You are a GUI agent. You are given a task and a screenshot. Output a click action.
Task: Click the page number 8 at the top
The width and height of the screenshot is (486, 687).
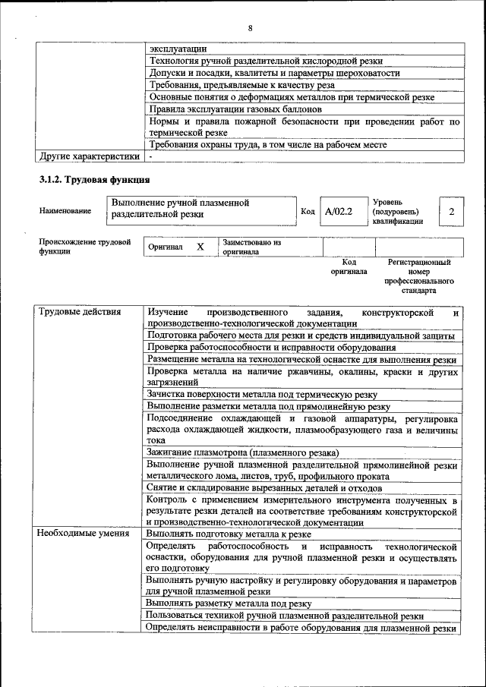click(x=249, y=28)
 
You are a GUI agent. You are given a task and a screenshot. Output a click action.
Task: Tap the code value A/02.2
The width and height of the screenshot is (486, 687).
click(x=339, y=211)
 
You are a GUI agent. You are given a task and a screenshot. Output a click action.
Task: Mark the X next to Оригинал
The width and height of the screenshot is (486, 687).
click(x=200, y=247)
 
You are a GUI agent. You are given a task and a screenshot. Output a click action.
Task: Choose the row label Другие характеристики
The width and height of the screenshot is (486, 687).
click(x=89, y=156)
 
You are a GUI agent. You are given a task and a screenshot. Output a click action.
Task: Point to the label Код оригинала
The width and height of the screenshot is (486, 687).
click(x=349, y=266)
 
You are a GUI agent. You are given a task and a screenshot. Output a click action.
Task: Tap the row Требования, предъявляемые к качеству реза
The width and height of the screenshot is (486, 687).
click(x=241, y=85)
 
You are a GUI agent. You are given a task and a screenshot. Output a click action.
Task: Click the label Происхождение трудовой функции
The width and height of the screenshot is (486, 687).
click(x=84, y=247)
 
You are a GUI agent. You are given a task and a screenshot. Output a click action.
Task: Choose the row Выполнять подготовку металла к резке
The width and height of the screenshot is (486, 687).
click(x=228, y=534)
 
